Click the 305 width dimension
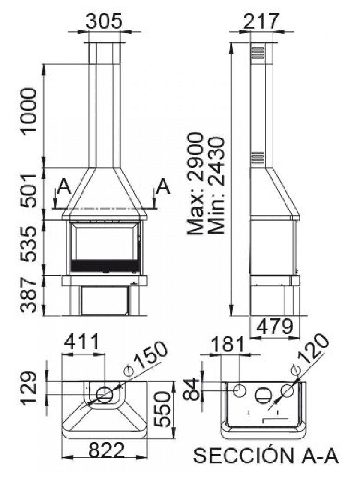coord(104,21)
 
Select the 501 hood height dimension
coord(29,190)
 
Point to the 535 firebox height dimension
coord(29,244)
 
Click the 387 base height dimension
coord(29,295)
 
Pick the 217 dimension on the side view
coord(261,21)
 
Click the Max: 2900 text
coord(195,183)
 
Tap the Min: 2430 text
coord(216,185)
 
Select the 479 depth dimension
coord(275,327)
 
